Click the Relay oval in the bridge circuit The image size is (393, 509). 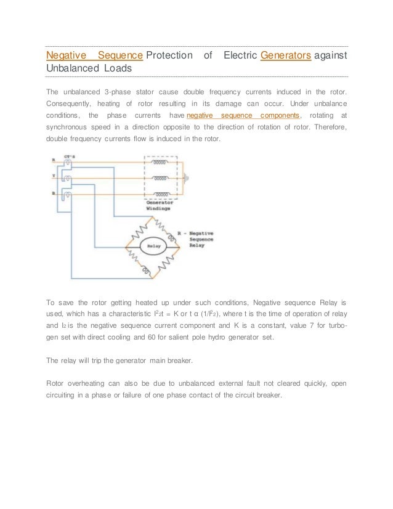[155, 246]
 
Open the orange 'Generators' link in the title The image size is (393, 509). [286, 56]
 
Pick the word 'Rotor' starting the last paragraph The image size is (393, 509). [58, 383]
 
